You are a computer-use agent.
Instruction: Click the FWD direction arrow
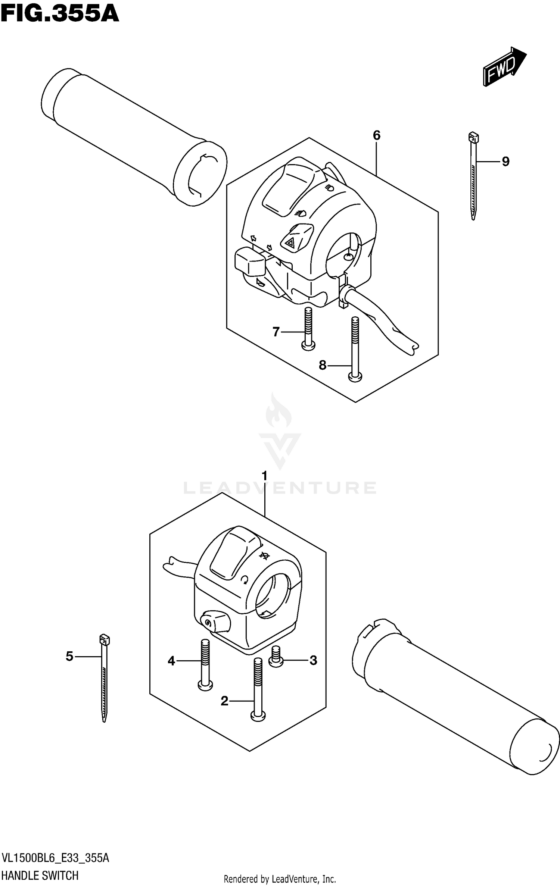click(504, 67)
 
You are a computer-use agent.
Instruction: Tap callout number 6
click(376, 135)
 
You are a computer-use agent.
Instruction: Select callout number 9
click(505, 162)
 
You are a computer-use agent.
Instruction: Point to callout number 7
click(276, 332)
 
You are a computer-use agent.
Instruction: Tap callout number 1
click(265, 476)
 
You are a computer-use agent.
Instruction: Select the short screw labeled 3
click(276, 660)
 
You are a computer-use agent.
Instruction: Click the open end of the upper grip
click(200, 173)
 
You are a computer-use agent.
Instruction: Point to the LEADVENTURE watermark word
click(280, 488)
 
